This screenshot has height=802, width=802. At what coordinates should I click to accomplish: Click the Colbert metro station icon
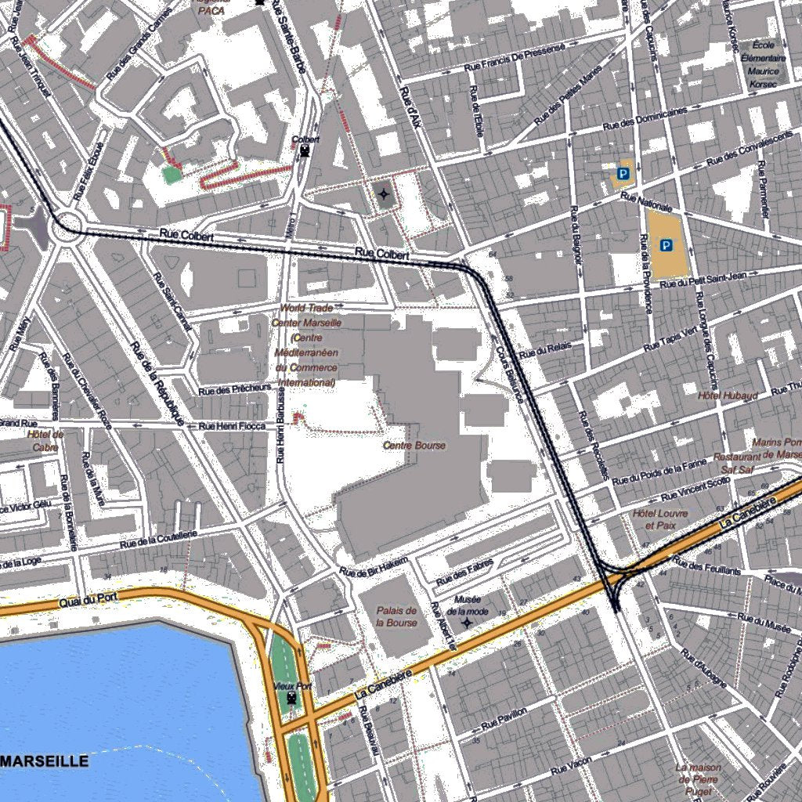[305, 152]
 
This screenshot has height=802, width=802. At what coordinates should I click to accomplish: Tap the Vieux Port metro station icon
[292, 697]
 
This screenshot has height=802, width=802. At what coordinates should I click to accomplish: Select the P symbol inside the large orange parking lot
[667, 246]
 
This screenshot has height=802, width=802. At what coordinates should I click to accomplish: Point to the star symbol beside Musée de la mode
[468, 623]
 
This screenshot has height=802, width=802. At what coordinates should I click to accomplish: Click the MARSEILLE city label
[45, 761]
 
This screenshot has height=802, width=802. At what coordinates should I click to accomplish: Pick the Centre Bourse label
[414, 446]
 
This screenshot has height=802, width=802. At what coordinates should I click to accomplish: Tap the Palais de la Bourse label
[396, 617]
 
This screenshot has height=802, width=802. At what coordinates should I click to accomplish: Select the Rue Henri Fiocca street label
[232, 426]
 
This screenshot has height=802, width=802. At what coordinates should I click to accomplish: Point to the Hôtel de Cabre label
[45, 440]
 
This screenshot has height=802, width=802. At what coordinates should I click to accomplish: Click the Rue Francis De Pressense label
[515, 58]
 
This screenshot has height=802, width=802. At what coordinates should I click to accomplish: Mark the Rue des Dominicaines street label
[645, 119]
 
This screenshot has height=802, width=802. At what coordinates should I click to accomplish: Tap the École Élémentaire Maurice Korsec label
[762, 64]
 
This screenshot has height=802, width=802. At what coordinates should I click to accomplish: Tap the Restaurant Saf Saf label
[736, 463]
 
